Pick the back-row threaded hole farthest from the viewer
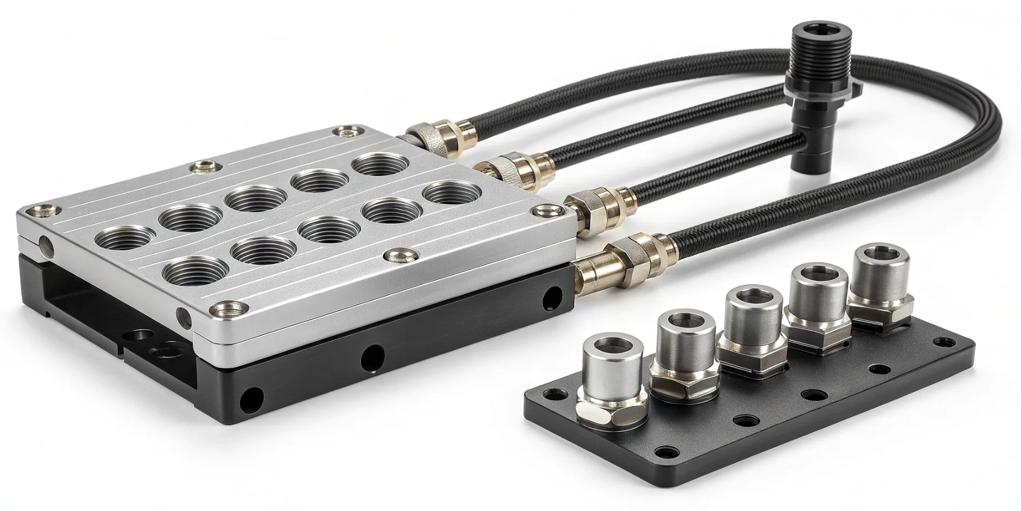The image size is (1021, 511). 381,164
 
